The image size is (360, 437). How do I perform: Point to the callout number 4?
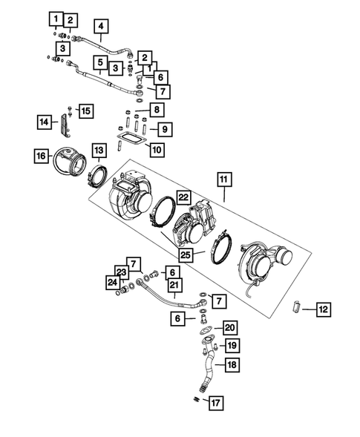[102, 27]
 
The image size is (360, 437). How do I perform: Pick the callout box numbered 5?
[99, 62]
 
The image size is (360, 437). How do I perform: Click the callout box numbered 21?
[174, 285]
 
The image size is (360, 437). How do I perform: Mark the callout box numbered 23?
[121, 272]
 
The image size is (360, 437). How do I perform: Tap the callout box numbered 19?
[232, 346]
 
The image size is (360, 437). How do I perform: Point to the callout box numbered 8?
[157, 111]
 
